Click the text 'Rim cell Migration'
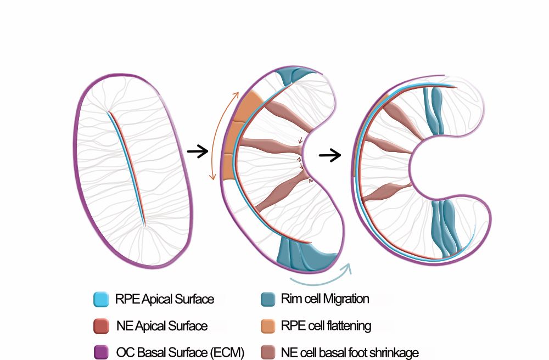pyautogui.click(x=325, y=300)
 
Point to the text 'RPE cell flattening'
pyautogui.click(x=326, y=326)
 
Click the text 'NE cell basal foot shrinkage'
pyautogui.click(x=350, y=352)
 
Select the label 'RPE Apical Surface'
pyautogui.click(x=164, y=300)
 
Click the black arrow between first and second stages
pyautogui.click(x=197, y=151)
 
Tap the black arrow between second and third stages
pyautogui.click(x=330, y=156)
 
